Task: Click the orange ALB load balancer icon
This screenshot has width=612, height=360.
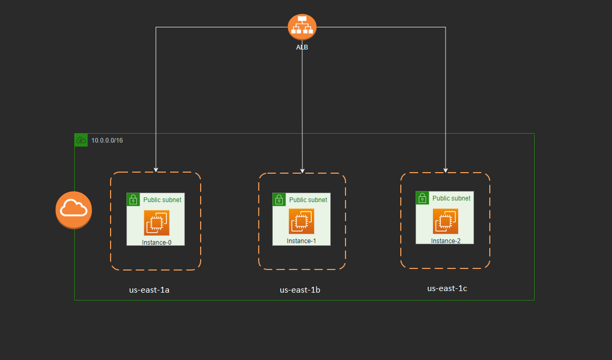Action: tap(302, 26)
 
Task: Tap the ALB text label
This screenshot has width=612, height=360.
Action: tap(302, 47)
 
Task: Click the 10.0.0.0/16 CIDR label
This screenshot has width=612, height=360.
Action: tap(107, 141)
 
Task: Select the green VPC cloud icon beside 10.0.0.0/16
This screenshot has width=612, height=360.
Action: tap(81, 140)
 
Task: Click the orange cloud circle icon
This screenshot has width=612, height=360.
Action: tap(74, 210)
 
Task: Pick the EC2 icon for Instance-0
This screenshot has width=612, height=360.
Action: tap(156, 223)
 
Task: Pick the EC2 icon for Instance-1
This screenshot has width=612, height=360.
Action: tap(301, 221)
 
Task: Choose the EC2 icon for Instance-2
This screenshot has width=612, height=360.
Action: tap(446, 221)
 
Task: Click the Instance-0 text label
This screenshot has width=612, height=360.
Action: tap(156, 242)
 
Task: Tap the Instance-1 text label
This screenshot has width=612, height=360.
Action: tap(301, 241)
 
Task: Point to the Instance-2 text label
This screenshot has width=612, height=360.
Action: tap(446, 241)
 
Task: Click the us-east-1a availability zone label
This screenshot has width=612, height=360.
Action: tap(149, 289)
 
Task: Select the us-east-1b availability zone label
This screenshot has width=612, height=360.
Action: tap(300, 289)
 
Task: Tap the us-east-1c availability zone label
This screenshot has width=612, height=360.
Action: tap(447, 288)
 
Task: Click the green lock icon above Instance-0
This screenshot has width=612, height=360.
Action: tap(133, 199)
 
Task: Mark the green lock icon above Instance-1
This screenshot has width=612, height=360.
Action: tap(279, 199)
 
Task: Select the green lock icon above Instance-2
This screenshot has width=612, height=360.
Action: tap(422, 197)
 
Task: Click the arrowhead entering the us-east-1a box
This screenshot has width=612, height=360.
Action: tap(156, 169)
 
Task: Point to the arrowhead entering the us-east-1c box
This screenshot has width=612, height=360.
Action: tap(446, 170)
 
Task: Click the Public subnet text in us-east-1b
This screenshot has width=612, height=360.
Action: tap(308, 200)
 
